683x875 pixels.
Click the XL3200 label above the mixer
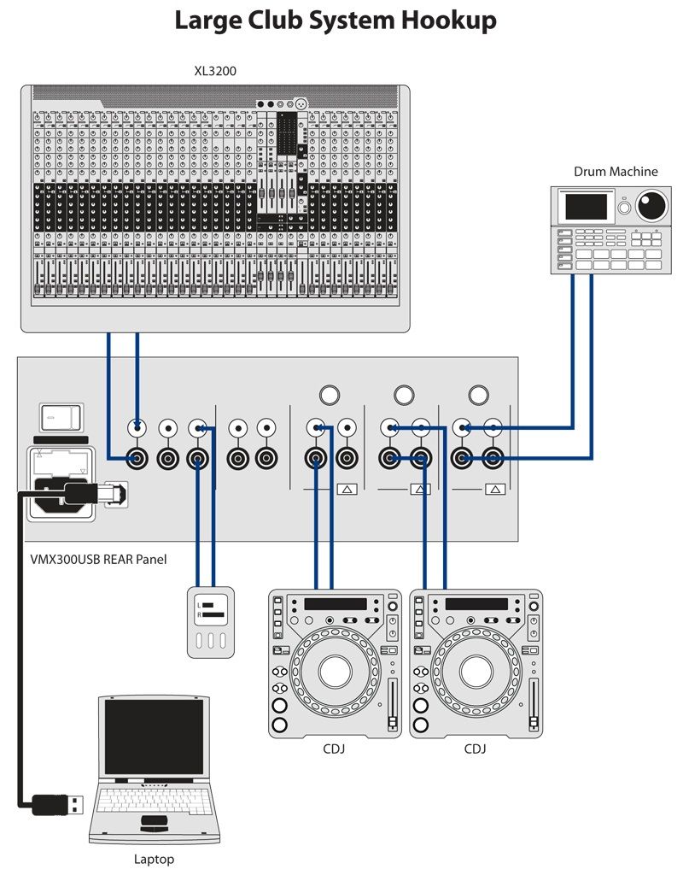(x=215, y=70)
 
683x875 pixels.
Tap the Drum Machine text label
(x=616, y=172)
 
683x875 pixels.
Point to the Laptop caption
(x=154, y=859)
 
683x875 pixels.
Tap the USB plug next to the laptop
(x=60, y=803)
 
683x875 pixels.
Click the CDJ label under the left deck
(x=335, y=749)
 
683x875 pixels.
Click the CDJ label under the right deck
(x=476, y=749)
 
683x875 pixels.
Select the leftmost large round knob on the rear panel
(x=329, y=395)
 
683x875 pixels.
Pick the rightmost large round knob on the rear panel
(x=479, y=395)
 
